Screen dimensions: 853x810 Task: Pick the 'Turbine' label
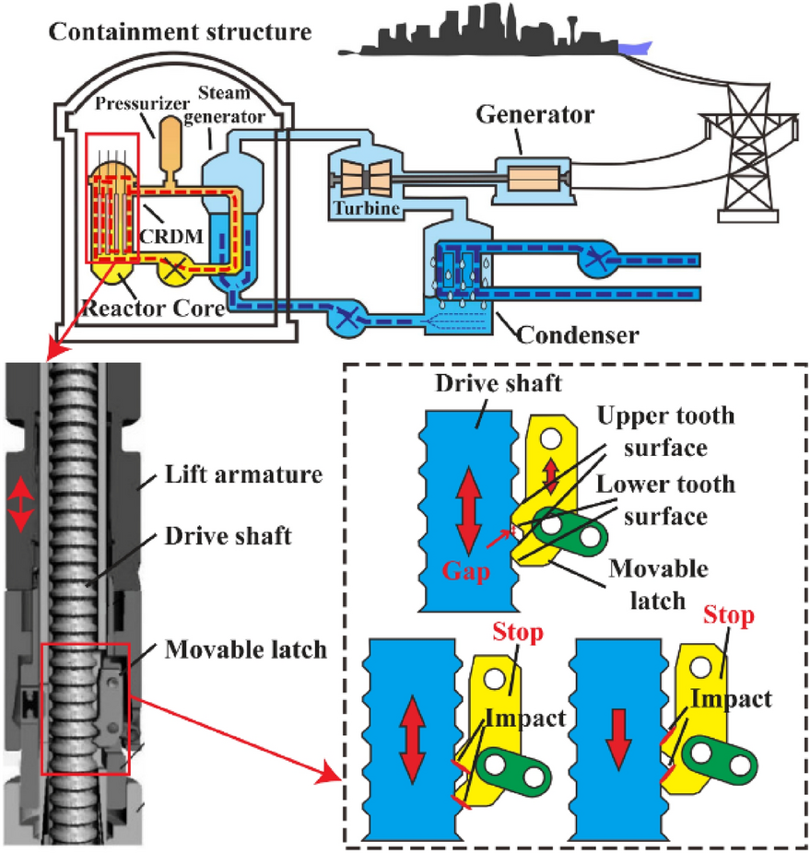369,209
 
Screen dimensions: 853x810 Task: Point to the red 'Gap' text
466,570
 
